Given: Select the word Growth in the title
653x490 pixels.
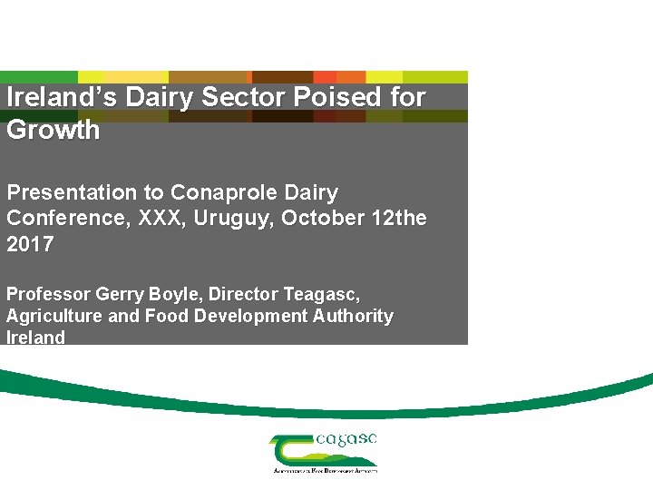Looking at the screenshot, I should pyautogui.click(x=53, y=130).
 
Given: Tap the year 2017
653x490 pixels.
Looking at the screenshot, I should pyautogui.click(x=30, y=243).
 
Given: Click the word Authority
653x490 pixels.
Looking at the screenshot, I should pyautogui.click(x=350, y=316).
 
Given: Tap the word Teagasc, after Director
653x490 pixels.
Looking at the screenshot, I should pyautogui.click(x=322, y=294).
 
